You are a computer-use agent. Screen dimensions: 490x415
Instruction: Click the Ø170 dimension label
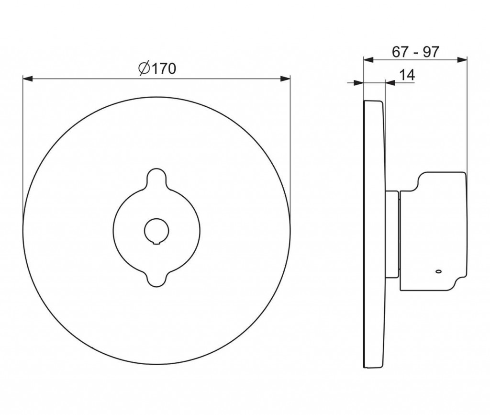(157, 68)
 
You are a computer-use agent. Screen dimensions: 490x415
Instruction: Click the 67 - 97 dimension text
(415, 52)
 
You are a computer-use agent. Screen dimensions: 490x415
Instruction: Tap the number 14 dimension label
(407, 75)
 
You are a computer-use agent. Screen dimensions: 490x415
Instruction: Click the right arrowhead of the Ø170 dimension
(285, 79)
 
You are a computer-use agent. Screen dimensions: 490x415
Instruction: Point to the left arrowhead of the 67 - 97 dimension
(369, 60)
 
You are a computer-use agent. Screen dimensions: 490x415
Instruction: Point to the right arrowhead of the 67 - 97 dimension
(462, 60)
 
